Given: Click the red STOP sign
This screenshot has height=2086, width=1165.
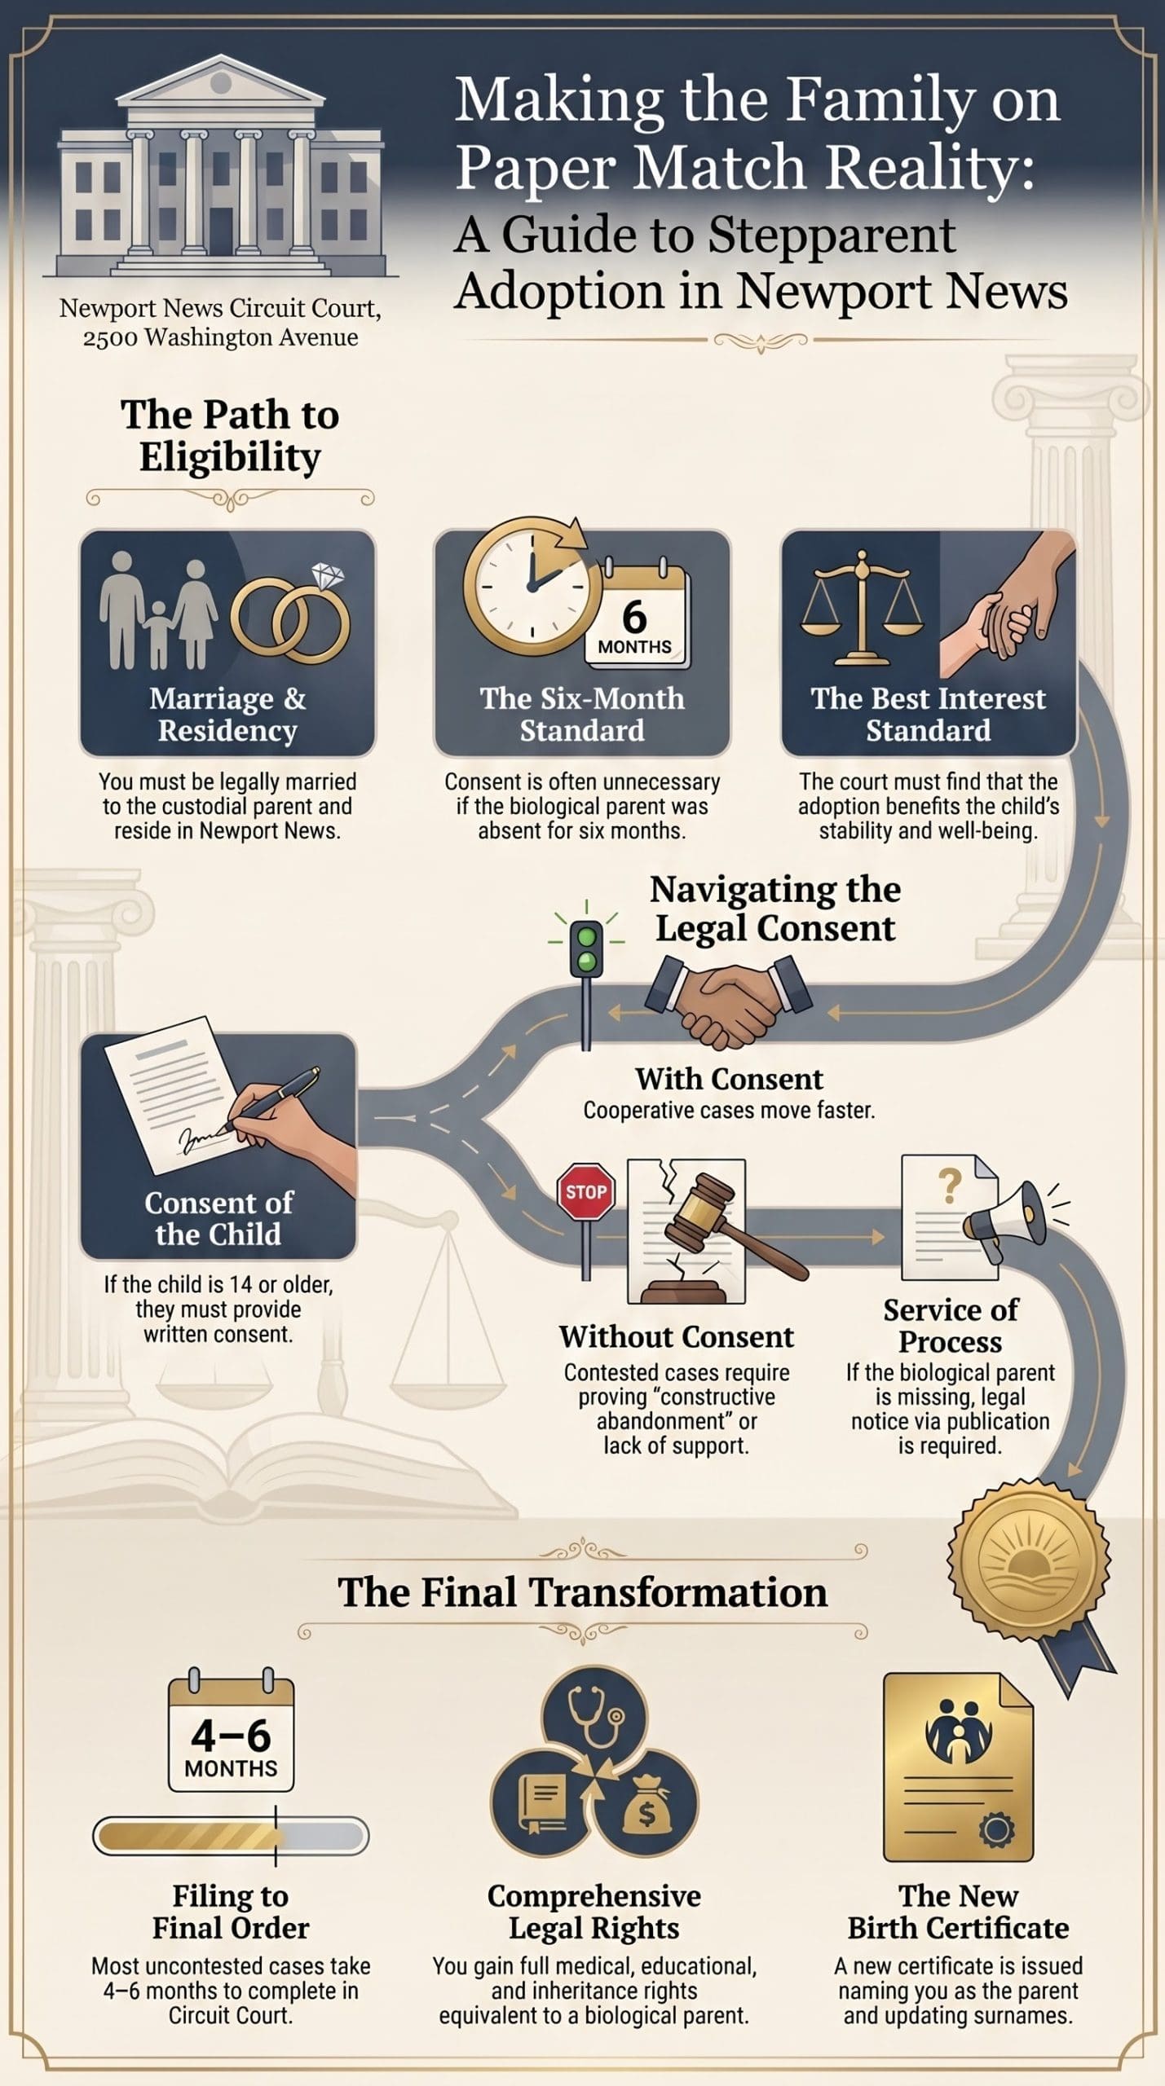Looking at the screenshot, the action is pos(586,1191).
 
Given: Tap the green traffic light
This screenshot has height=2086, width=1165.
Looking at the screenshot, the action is pos(586,948).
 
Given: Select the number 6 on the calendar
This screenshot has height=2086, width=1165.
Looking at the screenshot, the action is pos(634,617).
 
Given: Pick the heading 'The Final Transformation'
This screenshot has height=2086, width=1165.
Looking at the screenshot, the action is pos(583,1592).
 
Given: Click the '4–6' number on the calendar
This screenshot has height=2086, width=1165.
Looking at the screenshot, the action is pos(231,1735).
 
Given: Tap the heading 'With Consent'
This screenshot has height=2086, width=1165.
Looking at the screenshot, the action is pos(730,1079).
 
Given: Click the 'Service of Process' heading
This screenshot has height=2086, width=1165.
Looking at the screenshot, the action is pos(951,1325).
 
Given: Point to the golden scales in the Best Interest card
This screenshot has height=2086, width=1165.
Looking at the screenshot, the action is pos(862,607).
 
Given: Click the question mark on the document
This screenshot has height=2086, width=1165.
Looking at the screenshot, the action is pos(950,1186).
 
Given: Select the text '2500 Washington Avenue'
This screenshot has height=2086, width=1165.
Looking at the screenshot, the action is pos(220,337).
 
